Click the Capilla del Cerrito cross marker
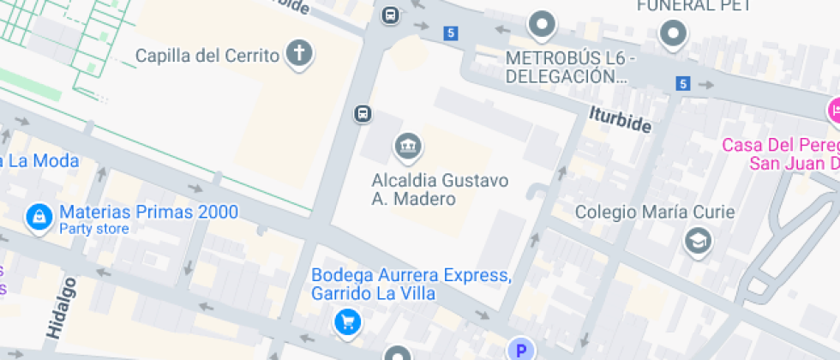(x=299, y=54)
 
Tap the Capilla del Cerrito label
(x=207, y=56)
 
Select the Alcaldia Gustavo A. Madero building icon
(x=408, y=147)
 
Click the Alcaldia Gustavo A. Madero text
(x=440, y=189)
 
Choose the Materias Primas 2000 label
(x=148, y=212)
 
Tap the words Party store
(x=93, y=229)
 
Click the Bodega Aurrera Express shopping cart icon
(x=347, y=321)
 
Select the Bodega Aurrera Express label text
(x=411, y=285)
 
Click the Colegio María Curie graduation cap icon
(x=698, y=241)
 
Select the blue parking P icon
(x=520, y=349)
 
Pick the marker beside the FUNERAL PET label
(x=673, y=34)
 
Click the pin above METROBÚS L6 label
(x=541, y=25)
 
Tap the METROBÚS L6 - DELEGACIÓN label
(x=569, y=67)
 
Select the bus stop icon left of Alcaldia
(x=363, y=114)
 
